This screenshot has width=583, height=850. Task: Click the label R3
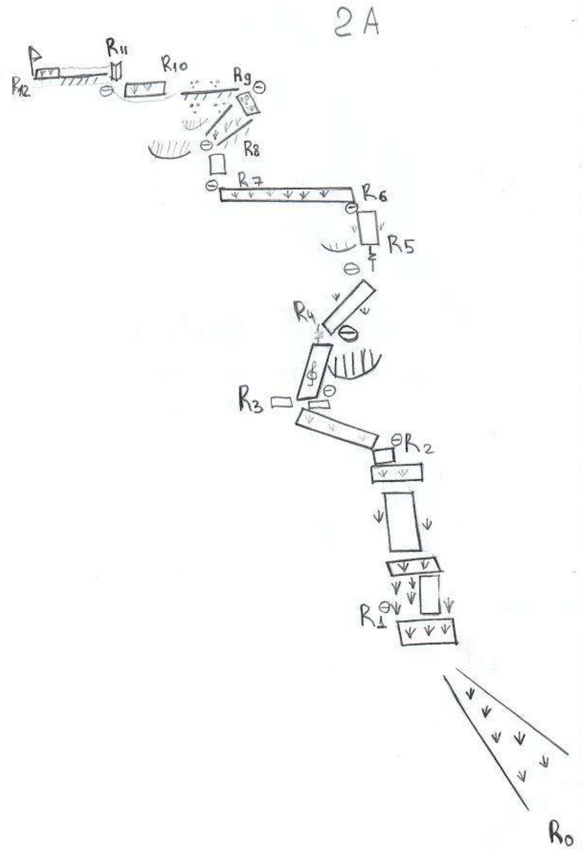[250, 401]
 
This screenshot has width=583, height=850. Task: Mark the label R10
[117, 47]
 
